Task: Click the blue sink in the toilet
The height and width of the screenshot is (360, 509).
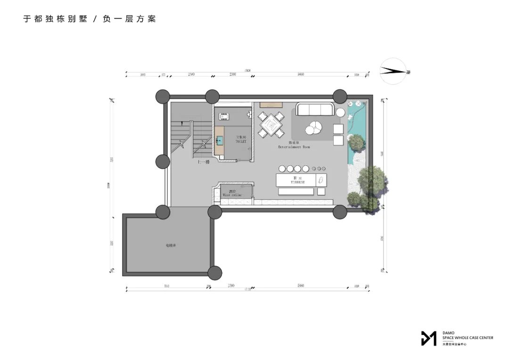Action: click(219, 139)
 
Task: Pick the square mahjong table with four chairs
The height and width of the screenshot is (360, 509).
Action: click(271, 125)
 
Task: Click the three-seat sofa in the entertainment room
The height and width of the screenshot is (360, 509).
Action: click(315, 110)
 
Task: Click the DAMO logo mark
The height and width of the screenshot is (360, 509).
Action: click(428, 338)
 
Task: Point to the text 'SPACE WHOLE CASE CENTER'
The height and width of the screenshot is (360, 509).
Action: click(468, 337)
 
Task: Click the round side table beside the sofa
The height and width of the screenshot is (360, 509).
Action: click(340, 113)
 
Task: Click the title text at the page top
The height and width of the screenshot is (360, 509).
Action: click(90, 19)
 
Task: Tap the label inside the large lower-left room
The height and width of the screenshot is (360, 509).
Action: click(171, 245)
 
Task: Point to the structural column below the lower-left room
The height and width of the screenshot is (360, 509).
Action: click(215, 272)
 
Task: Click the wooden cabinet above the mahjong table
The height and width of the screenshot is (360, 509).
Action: click(271, 104)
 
